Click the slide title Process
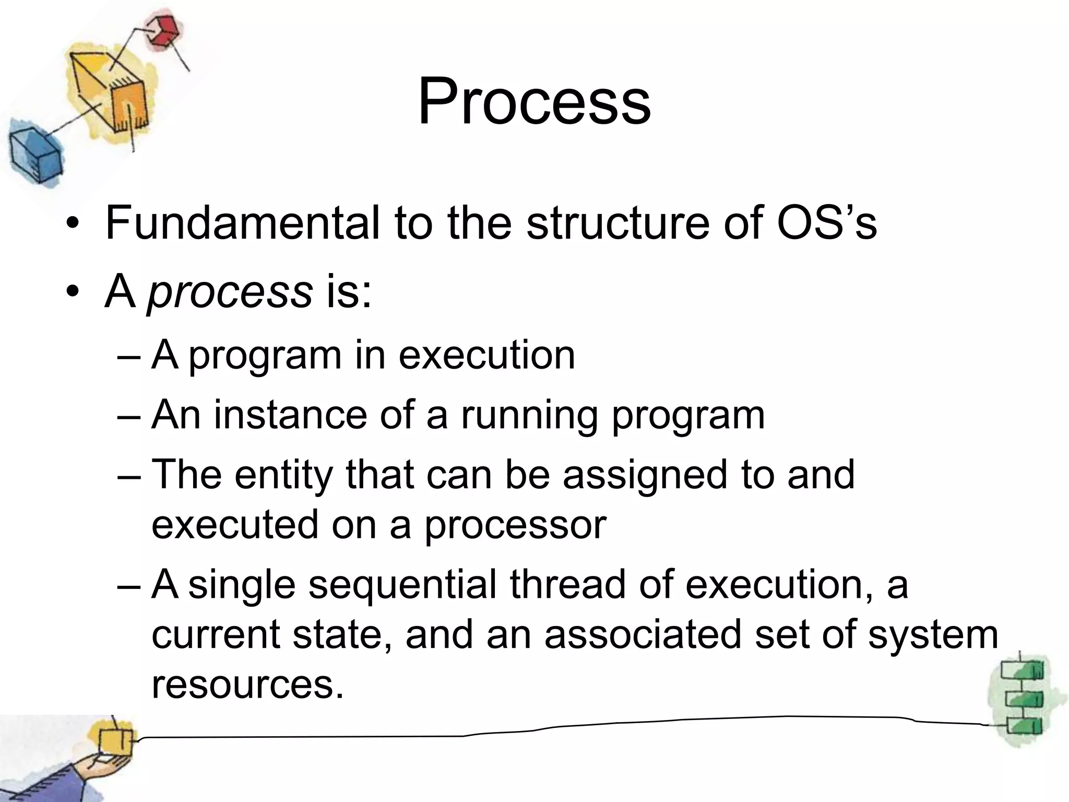click(x=533, y=101)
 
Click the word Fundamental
click(x=242, y=223)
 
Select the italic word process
click(x=230, y=292)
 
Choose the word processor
click(x=515, y=525)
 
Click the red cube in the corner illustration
click(x=161, y=31)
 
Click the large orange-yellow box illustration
click(x=112, y=94)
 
